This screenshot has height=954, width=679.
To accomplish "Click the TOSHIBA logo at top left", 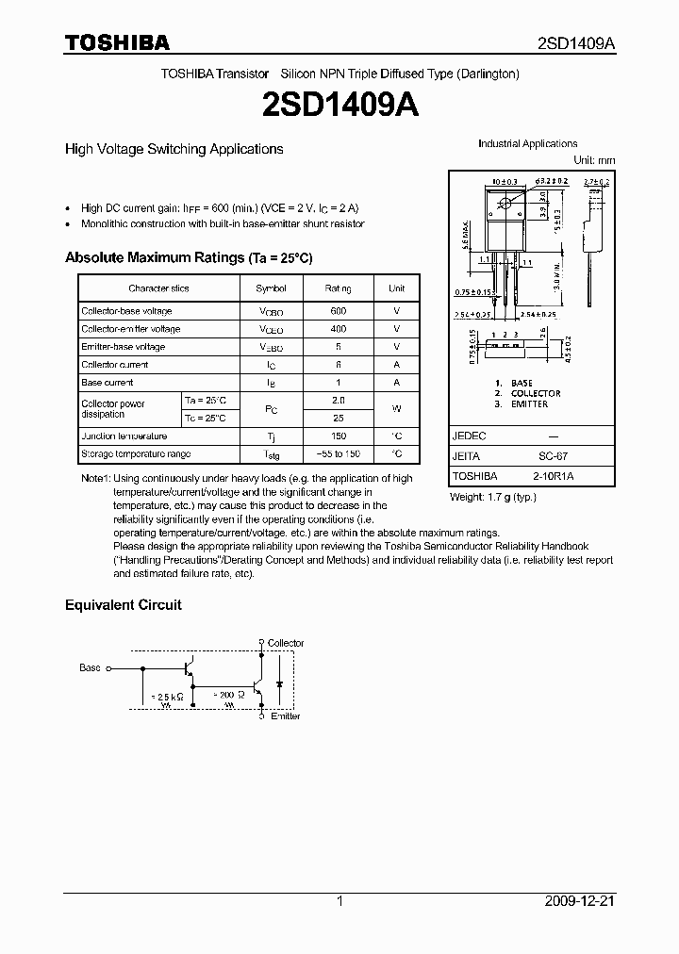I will (117, 42).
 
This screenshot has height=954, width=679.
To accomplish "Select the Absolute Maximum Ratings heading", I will (188, 257).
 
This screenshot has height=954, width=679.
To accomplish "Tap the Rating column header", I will (338, 288).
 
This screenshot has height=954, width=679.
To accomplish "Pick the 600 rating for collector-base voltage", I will (338, 311).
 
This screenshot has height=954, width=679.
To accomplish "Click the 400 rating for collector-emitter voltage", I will (338, 329).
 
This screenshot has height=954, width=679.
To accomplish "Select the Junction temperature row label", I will (124, 436).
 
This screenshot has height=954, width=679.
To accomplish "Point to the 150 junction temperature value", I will (338, 436).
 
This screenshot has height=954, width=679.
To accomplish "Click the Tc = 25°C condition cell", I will (205, 418).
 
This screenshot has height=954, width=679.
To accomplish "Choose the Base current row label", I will (108, 383).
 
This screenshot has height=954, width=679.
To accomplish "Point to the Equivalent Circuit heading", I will (123, 605).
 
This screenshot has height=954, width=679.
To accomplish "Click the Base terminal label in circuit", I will (90, 667).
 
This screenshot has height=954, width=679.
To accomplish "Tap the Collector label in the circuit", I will (285, 643).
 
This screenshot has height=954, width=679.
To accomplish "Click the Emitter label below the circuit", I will (285, 716).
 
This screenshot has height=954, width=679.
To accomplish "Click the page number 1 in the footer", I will (339, 902).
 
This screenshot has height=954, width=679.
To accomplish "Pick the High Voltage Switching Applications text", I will (174, 149).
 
